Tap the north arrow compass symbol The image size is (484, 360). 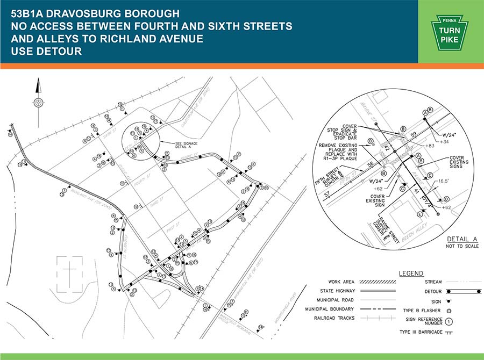38,102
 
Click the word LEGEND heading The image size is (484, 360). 411,273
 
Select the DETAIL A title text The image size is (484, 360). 462,240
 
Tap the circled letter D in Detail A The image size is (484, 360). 447,200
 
